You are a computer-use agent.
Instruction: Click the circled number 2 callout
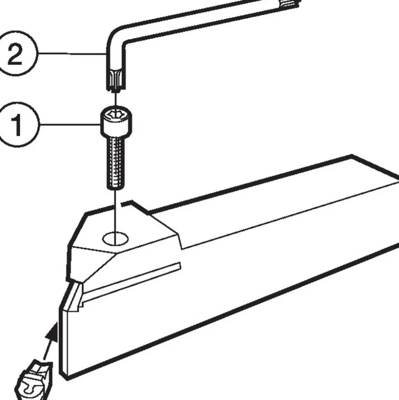16,54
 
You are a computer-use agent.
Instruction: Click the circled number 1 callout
17,125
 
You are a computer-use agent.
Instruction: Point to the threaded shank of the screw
116,163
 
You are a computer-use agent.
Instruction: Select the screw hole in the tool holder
116,239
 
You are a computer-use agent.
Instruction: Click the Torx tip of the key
116,80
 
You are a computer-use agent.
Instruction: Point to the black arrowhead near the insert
52,332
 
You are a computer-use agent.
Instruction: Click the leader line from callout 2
72,54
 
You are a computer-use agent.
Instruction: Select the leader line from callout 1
70,124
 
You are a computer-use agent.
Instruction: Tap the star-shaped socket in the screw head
116,114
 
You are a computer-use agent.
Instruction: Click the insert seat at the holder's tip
74,296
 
